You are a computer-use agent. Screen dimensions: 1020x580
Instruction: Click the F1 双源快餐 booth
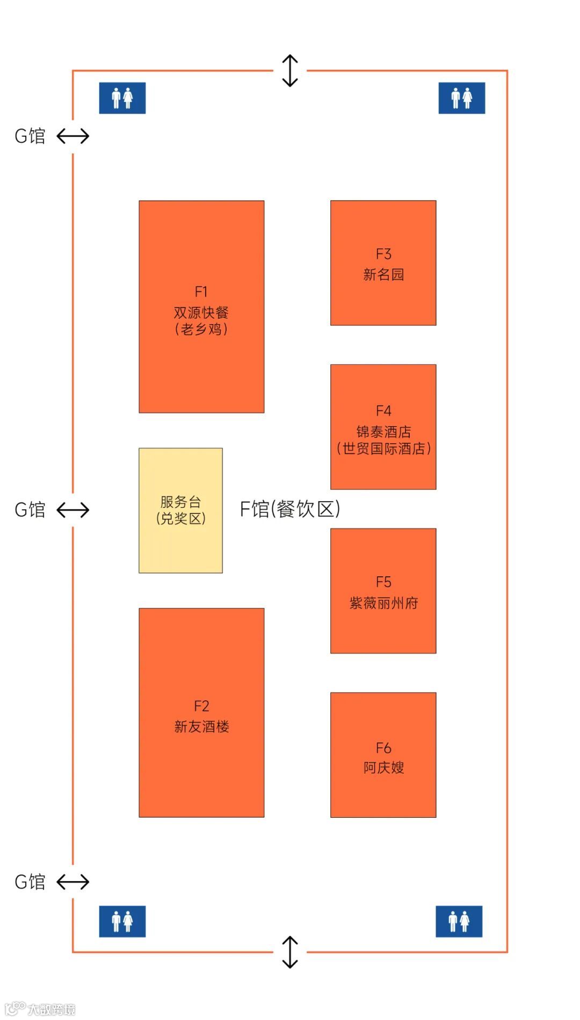coord(201,306)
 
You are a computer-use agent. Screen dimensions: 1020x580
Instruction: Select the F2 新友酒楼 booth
coord(201,712)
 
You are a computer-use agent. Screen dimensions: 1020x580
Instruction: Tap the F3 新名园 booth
coord(383,263)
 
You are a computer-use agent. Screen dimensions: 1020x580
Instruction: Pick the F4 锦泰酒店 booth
coord(383,427)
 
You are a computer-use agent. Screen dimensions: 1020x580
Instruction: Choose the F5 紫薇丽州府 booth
coord(383,591)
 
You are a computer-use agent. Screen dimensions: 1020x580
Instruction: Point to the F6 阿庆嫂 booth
coord(383,755)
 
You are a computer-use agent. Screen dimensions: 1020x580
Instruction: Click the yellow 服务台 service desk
coord(180,510)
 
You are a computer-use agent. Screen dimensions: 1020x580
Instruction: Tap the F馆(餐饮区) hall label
coord(289,509)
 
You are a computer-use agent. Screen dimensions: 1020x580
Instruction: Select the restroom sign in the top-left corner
coord(122,98)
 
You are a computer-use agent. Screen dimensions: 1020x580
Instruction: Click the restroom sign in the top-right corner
coord(462,98)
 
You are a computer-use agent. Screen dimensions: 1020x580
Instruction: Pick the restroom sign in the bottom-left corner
coord(122,921)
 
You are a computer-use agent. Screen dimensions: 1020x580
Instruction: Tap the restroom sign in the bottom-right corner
coord(459,921)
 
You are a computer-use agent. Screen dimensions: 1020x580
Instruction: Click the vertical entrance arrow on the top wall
coord(290,70)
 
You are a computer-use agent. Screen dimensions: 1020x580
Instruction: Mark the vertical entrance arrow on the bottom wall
coord(290,952)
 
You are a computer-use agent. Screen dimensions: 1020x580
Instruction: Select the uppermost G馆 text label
coord(30,136)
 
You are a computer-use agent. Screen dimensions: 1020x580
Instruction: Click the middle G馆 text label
coord(30,510)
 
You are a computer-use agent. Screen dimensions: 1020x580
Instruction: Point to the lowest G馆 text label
coord(30,882)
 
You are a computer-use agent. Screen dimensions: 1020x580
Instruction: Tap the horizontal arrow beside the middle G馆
coord(73,510)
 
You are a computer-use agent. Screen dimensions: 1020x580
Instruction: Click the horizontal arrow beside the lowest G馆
coord(73,882)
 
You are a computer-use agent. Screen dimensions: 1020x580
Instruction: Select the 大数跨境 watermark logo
coord(40,1009)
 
